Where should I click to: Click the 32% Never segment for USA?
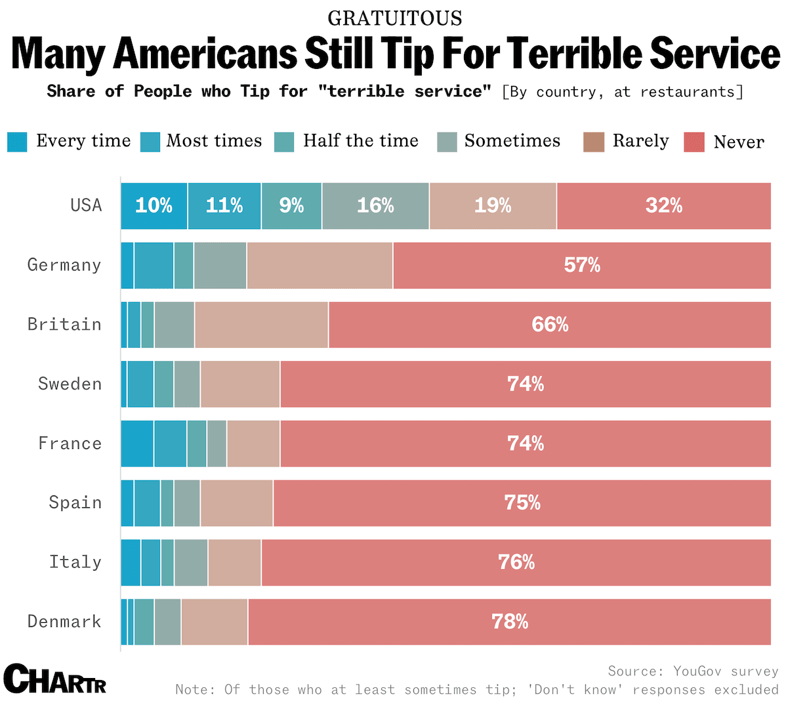point(663,206)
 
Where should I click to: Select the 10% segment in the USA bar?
point(154,206)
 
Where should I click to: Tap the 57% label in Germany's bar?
point(582,265)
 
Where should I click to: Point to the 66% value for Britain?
point(550,324)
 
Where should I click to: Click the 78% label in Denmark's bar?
point(510,622)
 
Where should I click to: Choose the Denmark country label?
point(64,622)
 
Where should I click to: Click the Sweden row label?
point(70,384)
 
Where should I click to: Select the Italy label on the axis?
point(75,563)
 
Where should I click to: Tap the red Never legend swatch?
point(694,142)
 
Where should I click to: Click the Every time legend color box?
point(17,142)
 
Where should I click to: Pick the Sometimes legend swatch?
point(447,142)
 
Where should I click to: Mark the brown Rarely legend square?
point(594,142)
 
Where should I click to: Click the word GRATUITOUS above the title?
point(395,18)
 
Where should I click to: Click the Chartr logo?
point(55,679)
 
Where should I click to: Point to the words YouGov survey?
point(725,671)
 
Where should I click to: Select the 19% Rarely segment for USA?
point(493,206)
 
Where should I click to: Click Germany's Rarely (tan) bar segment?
point(320,265)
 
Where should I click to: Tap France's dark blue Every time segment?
point(137,444)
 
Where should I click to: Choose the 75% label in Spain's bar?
point(522,503)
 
